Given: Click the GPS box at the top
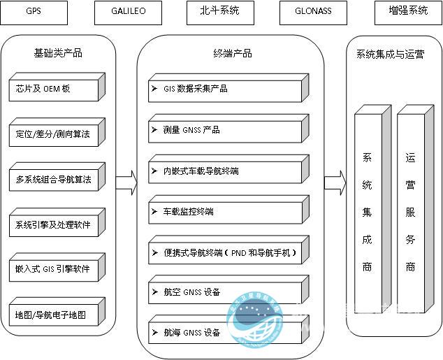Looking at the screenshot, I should point(34,11).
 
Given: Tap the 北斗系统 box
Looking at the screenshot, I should point(220,11).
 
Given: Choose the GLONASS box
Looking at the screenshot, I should point(314,11).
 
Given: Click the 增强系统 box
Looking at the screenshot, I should point(407,11).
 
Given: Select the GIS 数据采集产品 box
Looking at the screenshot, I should point(226,89).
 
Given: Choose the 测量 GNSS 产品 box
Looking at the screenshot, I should point(226,130).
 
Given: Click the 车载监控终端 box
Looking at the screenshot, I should point(226,211).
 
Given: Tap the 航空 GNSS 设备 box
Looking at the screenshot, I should point(226,292).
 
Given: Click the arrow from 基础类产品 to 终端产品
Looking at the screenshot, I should point(126,182).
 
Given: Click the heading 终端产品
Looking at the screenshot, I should point(232,53).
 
